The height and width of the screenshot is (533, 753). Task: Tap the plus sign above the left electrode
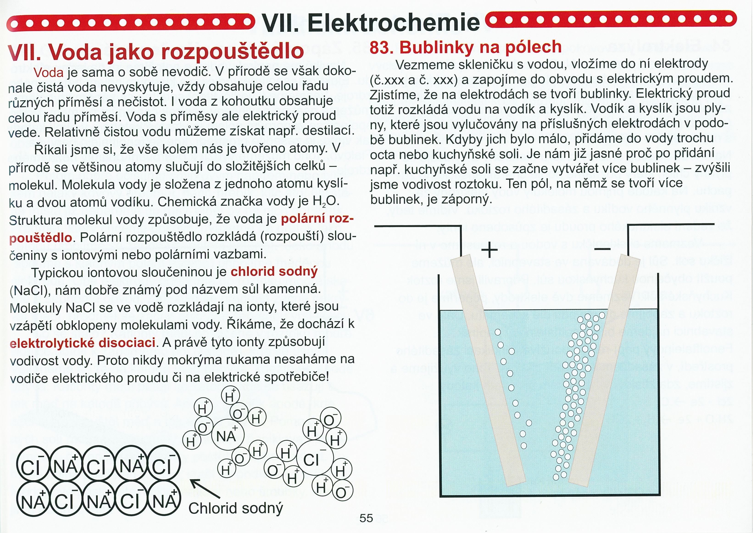pos(489,250)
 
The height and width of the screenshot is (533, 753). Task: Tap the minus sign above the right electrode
pos(603,250)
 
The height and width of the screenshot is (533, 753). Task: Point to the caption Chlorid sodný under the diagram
pos(236,508)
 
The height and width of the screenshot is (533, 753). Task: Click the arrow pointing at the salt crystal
pos(205,490)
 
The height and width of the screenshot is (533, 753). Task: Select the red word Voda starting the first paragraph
pos(49,73)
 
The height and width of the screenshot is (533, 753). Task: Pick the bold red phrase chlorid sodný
pos(274,272)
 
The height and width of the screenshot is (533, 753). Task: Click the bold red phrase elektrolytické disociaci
pos(82,343)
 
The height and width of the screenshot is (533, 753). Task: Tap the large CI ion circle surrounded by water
pos(315,458)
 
